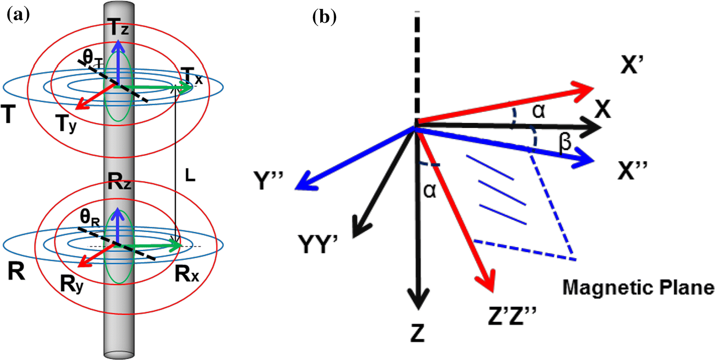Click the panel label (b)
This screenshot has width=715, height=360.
click(324, 17)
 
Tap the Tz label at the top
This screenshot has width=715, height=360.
click(118, 27)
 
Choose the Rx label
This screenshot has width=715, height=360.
click(187, 273)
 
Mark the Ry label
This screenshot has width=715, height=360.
click(72, 284)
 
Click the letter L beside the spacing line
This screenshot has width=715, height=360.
click(190, 176)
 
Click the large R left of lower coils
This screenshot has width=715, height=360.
click(16, 271)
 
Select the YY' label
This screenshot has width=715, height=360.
click(317, 246)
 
